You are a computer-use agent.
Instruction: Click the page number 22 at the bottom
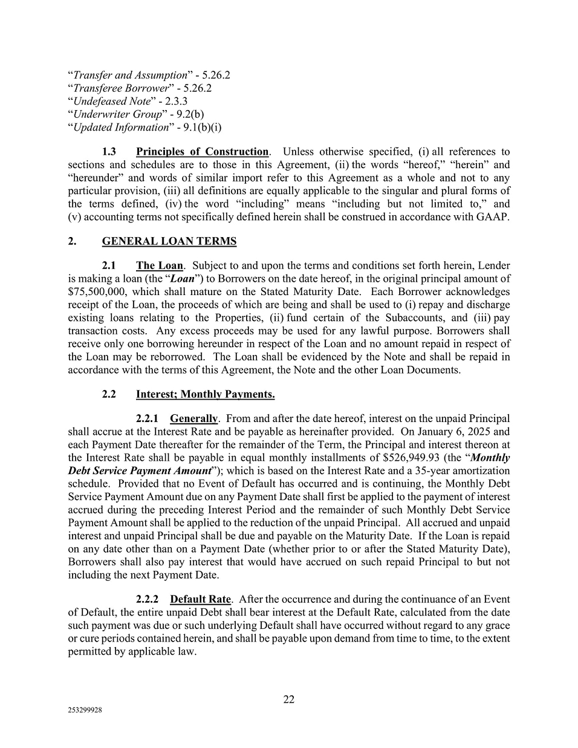[289, 699]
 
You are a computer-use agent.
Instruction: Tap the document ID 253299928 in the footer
[85, 711]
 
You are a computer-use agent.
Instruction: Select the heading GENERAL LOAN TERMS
[169, 241]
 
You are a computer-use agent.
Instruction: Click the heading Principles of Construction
[202, 152]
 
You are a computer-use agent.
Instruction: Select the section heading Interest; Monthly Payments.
[205, 394]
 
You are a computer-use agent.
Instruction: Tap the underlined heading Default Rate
[200, 599]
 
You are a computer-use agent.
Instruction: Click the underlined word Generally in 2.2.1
[193, 418]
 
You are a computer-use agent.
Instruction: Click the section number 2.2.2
[148, 599]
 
